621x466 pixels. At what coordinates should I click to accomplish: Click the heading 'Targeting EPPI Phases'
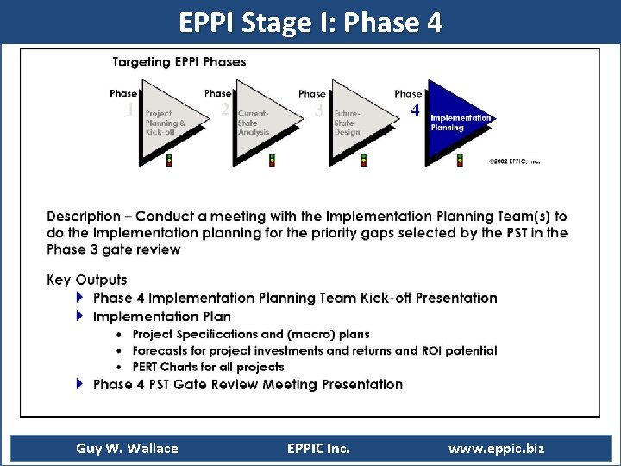pos(179,62)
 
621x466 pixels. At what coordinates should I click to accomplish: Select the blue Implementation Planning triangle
pos(453,123)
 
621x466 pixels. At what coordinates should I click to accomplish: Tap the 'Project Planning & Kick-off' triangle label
pos(165,123)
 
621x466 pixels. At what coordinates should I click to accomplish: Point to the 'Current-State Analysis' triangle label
pos(254,123)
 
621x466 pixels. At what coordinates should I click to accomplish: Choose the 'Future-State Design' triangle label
pos(348,123)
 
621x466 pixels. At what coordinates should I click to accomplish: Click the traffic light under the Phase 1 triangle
pos(170,160)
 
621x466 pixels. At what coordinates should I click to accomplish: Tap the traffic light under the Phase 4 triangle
pos(460,160)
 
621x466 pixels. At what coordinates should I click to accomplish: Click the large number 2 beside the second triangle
pos(224,110)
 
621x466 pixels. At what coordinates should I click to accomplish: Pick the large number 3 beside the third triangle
pos(319,110)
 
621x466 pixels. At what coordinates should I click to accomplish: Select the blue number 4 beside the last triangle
pos(415,111)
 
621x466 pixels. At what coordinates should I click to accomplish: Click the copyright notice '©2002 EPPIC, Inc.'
pos(514,161)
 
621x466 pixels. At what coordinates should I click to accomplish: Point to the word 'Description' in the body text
pos(84,217)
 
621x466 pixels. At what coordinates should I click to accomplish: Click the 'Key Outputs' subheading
pos(86,280)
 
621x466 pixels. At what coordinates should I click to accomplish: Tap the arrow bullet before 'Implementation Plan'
pos(80,316)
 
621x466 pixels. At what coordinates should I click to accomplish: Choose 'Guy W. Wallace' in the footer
pos(127,448)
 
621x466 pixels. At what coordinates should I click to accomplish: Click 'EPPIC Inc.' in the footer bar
pos(318,448)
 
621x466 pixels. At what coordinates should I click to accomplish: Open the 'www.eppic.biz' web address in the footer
pos(496,448)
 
